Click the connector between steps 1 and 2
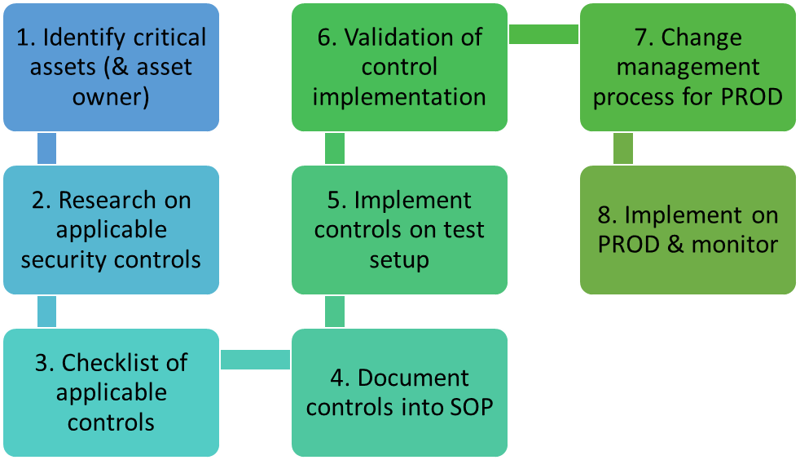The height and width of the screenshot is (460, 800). tap(47, 148)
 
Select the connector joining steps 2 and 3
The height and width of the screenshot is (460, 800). tap(47, 312)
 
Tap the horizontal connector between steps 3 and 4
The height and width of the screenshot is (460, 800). tap(256, 360)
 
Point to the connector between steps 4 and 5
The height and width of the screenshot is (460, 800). tap(335, 312)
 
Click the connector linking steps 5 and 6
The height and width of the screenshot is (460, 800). tap(335, 148)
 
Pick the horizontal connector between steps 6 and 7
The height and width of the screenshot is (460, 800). tap(544, 34)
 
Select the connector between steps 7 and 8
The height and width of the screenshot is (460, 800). tap(623, 148)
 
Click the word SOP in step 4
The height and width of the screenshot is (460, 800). tap(472, 407)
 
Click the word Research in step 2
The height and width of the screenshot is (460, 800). tap(108, 200)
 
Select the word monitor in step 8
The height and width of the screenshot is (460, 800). tap(735, 244)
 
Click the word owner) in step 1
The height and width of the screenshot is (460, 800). tap(111, 97)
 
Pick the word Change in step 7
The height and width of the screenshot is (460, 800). tap(701, 38)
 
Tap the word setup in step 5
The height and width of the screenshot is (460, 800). tap(399, 260)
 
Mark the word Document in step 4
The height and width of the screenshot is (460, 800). tap(413, 378)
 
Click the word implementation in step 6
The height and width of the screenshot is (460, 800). tap(399, 98)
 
